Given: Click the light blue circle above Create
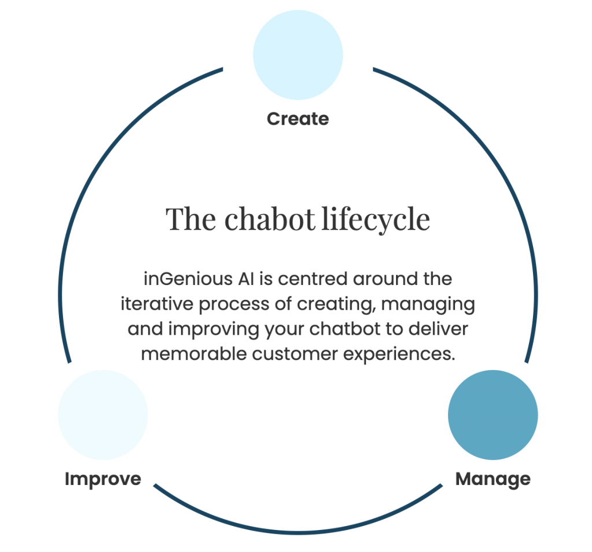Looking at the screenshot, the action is pos(298,55).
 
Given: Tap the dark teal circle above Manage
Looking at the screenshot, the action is pos(493,415).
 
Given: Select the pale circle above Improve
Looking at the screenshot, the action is pos(103,415).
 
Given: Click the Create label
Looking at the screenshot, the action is pos(298,119).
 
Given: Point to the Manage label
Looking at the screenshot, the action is pos(493,480).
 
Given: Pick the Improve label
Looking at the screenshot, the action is pos(103,480).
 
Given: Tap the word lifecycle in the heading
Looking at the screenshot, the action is pos(376,220).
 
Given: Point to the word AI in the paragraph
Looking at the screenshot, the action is pos(246,279).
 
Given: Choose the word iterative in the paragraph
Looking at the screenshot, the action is pos(157,304).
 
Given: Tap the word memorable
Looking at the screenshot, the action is pos(194,354).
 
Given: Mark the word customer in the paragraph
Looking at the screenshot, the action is pos(295,354).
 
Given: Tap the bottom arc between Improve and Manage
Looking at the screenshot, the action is pos(298,532).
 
